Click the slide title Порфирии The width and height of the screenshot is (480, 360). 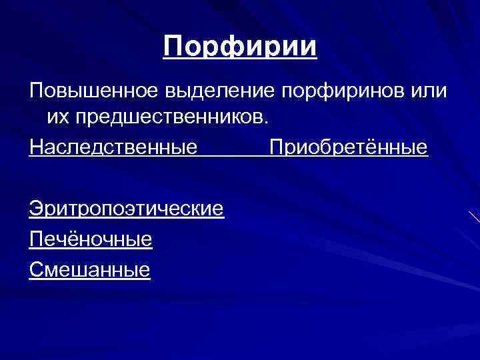[x=240, y=48]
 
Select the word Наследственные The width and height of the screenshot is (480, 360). [x=113, y=145]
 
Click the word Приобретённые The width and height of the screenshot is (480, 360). [x=348, y=145]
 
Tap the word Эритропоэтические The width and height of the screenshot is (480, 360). [x=126, y=209]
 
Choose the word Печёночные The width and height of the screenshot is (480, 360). [x=91, y=238]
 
